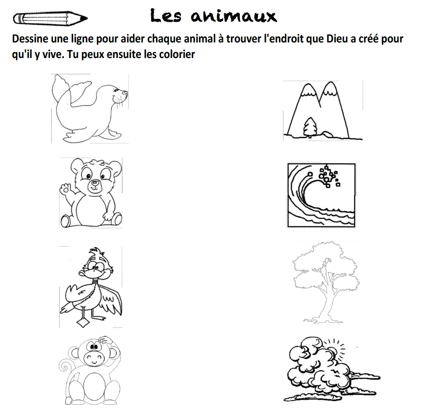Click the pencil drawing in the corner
tap(50, 18)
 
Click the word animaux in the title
tap(234, 16)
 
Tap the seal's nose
tap(125, 92)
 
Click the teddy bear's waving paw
tap(65, 189)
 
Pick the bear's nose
tap(95, 183)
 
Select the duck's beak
tap(85, 273)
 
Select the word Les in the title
tap(166, 16)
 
